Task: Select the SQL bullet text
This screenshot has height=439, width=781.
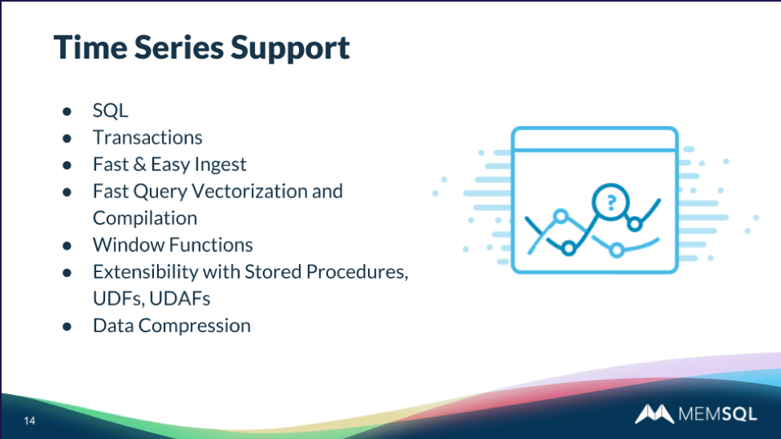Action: pos(110,111)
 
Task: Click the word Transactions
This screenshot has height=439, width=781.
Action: pos(148,137)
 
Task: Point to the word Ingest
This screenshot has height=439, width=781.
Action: pos(221,165)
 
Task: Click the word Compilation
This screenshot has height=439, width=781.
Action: pos(144,217)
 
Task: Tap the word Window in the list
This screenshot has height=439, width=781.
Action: pos(122,245)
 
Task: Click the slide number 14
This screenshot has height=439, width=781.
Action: pos(29,421)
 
